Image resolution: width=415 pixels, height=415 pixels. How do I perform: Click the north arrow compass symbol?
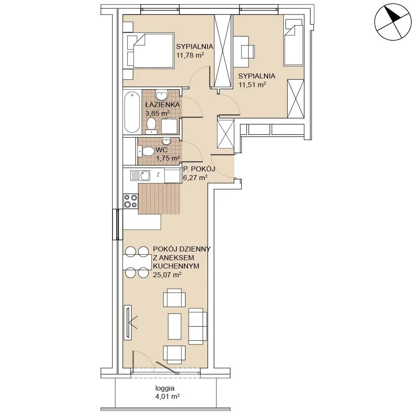(393, 22)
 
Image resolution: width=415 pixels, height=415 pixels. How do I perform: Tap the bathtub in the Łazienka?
(132, 112)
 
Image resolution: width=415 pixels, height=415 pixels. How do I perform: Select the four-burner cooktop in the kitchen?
(131, 201)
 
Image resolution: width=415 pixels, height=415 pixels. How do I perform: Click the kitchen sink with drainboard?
(140, 175)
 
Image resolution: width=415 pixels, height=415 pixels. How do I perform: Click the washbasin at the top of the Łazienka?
(161, 95)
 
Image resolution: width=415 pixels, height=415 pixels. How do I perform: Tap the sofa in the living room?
(198, 326)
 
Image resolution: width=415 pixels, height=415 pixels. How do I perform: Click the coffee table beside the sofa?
(175, 326)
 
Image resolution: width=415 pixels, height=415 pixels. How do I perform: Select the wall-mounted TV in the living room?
(127, 322)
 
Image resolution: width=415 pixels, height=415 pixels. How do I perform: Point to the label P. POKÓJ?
(199, 169)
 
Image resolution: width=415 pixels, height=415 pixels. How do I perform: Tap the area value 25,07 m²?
(167, 275)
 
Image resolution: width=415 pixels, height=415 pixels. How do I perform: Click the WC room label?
(161, 150)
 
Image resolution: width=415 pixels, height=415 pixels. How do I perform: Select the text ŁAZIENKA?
(163, 105)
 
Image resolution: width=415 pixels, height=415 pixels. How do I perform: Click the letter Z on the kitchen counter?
(158, 174)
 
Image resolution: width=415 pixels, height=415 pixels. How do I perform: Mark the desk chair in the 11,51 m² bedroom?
(248, 51)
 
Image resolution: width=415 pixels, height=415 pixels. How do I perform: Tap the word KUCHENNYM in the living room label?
(176, 266)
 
